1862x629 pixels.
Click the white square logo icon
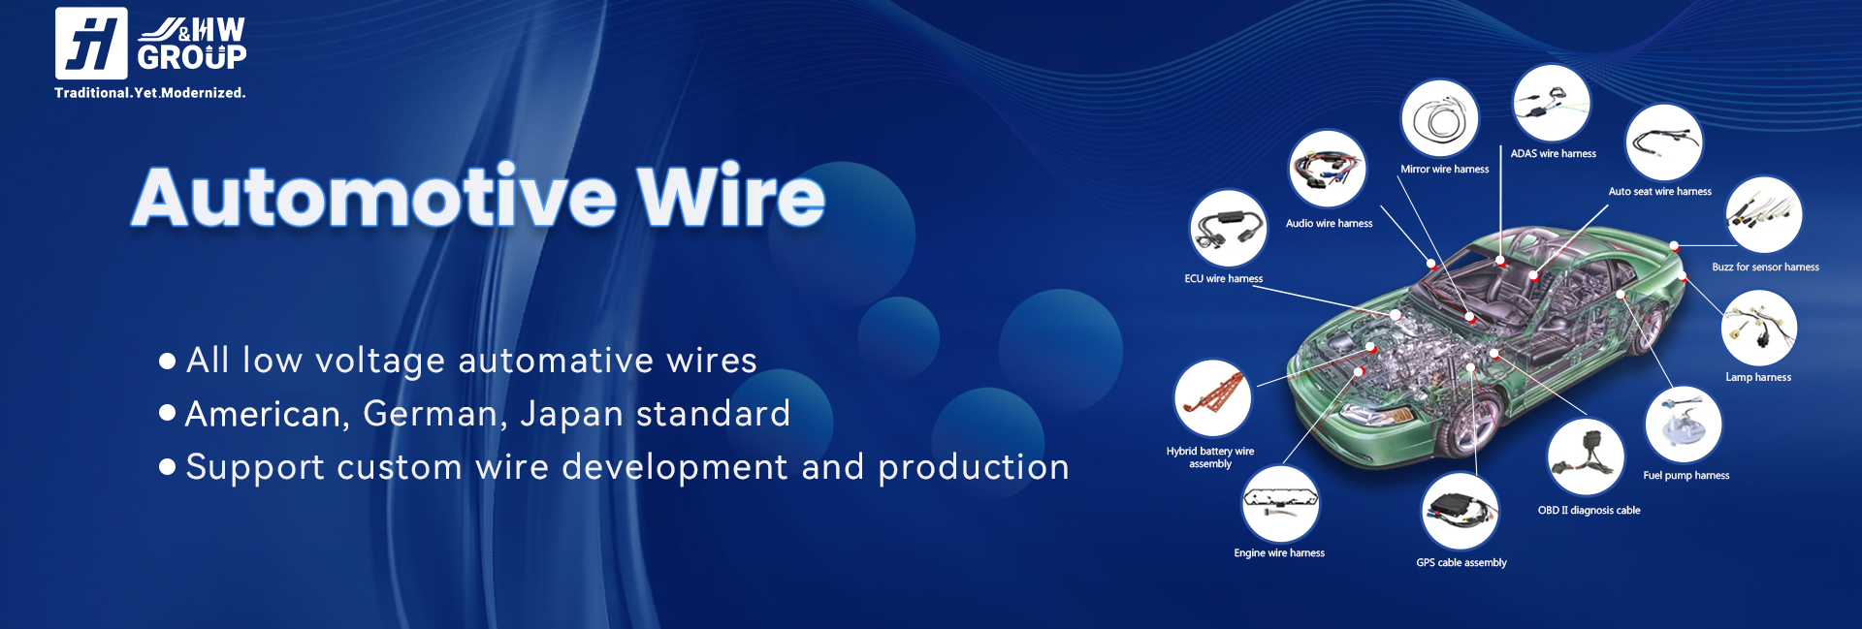point(91,44)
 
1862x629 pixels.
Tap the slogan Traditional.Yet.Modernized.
point(150,93)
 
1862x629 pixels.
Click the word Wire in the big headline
point(730,197)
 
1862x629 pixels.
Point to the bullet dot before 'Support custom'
point(167,467)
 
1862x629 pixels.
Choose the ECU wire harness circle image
point(1229,229)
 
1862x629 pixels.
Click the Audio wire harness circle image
point(1328,169)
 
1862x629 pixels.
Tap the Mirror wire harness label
point(1445,170)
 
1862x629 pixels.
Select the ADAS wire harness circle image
point(1552,104)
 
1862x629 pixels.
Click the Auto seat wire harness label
point(1660,192)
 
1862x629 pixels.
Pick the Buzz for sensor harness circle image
point(1764,215)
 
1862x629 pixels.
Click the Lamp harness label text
point(1758,377)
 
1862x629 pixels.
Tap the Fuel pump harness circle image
point(1684,425)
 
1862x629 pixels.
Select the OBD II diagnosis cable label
point(1589,511)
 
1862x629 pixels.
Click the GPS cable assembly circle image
point(1461,512)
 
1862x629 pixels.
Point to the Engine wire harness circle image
point(1281,504)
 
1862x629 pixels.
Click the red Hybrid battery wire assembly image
point(1212,398)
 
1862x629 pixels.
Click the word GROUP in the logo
point(192,58)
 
